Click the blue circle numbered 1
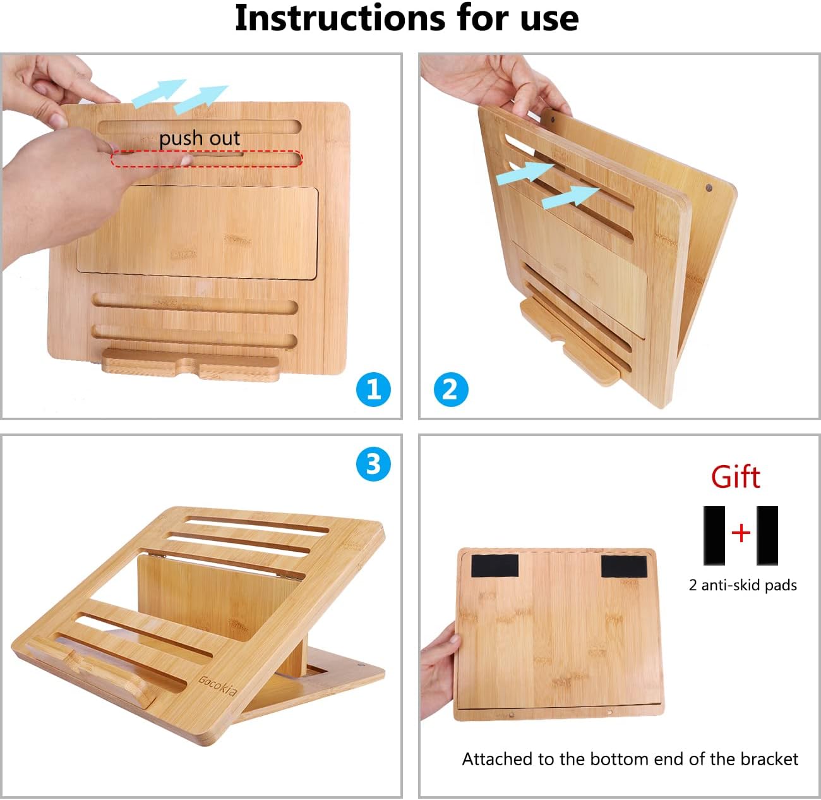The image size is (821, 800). click(x=373, y=389)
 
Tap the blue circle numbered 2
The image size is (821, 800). click(x=451, y=389)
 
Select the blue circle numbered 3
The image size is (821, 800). click(x=373, y=464)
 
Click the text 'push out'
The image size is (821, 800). click(x=200, y=138)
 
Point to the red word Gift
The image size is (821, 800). click(x=735, y=477)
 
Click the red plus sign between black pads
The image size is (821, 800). click(x=741, y=533)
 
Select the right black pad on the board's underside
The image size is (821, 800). click(x=623, y=567)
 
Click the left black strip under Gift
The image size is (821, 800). click(x=714, y=535)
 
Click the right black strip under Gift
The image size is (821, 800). click(x=767, y=535)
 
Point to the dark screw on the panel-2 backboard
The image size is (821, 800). click(x=709, y=188)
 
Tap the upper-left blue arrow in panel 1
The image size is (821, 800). click(x=159, y=92)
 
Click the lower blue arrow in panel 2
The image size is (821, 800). click(x=570, y=198)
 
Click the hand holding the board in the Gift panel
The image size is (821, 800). click(x=439, y=675)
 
